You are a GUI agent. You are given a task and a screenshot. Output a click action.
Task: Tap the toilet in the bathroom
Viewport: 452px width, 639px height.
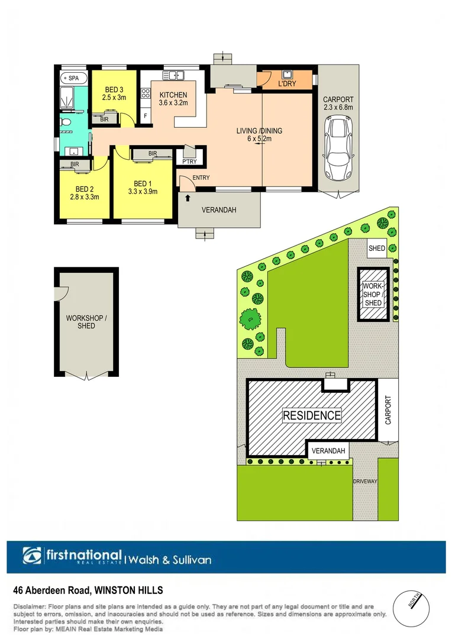tap(67, 122)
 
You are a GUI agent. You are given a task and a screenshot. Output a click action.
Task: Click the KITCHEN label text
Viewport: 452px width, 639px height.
tap(173, 95)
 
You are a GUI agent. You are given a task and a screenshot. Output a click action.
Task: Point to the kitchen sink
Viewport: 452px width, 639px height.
tap(175, 75)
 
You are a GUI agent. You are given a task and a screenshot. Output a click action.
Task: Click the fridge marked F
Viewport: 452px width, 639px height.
tap(144, 116)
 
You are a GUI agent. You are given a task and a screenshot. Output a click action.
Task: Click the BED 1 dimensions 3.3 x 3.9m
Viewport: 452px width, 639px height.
tap(143, 191)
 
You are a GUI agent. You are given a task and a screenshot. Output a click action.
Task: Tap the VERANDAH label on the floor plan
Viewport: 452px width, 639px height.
tap(219, 209)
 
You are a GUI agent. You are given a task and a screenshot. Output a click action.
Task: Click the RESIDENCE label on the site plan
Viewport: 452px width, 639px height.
tap(312, 415)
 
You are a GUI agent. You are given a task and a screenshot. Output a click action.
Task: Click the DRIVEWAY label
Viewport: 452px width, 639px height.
tap(365, 482)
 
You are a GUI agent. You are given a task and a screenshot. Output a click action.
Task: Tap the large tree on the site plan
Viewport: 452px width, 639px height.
tap(251, 319)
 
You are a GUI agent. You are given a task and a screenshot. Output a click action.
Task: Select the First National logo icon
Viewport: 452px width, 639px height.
tap(33, 556)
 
